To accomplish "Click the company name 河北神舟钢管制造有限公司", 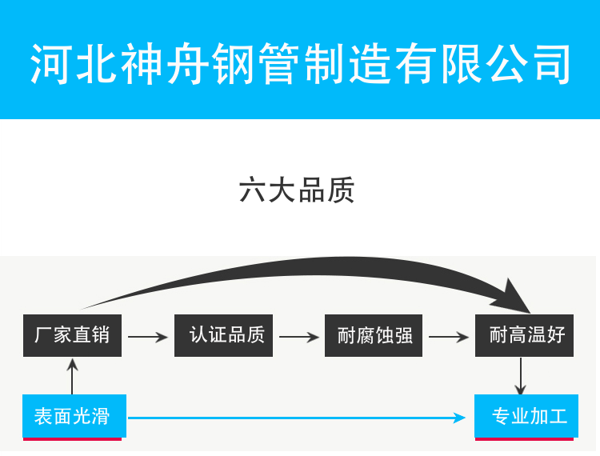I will (300, 62).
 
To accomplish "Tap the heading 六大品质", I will (297, 190).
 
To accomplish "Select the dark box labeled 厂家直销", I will (72, 335).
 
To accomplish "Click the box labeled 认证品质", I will (224, 335).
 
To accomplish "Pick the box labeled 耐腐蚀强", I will (374, 335).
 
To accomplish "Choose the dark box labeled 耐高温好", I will (524, 335).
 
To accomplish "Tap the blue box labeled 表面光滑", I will (74, 416).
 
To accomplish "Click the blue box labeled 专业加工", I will (525, 416).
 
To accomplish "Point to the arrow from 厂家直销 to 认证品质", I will (148, 337).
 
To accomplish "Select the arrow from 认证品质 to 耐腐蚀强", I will (299, 337).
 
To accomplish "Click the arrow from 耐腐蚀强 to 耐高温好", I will (449, 337).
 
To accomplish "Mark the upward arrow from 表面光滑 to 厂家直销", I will (73, 376).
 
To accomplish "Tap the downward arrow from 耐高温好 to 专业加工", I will (521, 376).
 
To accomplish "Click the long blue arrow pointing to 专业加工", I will (296, 418).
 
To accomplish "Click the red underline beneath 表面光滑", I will (73, 438).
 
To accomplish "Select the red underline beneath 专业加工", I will (525, 438).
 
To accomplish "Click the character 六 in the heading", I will (253, 190).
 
